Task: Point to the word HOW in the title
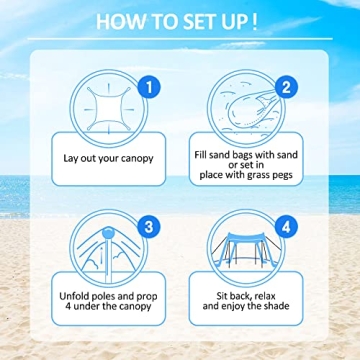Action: tap(118, 21)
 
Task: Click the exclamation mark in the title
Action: tap(254, 21)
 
